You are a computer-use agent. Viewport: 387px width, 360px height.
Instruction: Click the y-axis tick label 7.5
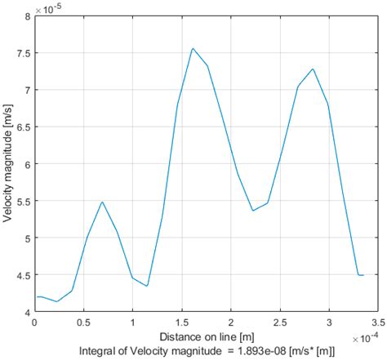click(22, 53)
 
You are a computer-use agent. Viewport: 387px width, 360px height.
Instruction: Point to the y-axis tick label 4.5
click(22, 275)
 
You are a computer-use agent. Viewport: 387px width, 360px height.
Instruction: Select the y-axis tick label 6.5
click(22, 127)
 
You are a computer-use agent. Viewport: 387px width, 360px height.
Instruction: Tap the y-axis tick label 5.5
click(22, 202)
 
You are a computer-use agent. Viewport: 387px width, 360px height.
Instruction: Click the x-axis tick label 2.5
click(280, 323)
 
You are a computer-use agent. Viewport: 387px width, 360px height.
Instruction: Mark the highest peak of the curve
click(193, 48)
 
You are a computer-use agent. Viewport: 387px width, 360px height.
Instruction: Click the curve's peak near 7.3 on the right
click(313, 69)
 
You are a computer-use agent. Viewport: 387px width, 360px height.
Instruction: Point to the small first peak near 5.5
click(102, 202)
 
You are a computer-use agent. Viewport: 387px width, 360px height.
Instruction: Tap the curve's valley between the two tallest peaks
click(253, 211)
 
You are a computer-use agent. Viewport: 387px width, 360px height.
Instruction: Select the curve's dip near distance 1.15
click(147, 286)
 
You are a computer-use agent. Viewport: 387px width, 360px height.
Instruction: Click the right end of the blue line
click(363, 275)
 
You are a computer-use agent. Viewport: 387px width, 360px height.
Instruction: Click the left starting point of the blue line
click(34, 297)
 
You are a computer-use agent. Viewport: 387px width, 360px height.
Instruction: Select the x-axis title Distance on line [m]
click(207, 337)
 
